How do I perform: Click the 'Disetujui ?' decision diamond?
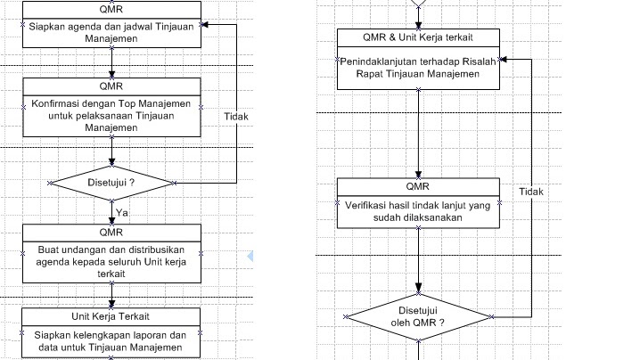pyautogui.click(x=112, y=183)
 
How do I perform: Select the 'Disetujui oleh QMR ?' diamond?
pyautogui.click(x=418, y=315)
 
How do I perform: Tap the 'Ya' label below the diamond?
pyautogui.click(x=122, y=211)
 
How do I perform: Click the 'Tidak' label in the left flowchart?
pyautogui.click(x=236, y=116)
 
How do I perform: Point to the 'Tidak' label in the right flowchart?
pyautogui.click(x=531, y=192)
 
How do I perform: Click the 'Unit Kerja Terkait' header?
pyautogui.click(x=111, y=316)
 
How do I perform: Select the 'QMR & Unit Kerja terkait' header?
pyautogui.click(x=418, y=37)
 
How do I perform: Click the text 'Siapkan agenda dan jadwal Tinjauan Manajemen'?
pyautogui.click(x=112, y=33)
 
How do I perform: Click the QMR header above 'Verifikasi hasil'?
pyautogui.click(x=418, y=187)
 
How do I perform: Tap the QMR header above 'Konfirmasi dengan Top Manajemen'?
pyautogui.click(x=112, y=86)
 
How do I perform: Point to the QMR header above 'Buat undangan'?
pyautogui.click(x=112, y=233)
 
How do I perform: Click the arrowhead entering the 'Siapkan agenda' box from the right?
pyautogui.click(x=205, y=26)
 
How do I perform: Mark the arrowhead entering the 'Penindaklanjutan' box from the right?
pyautogui.click(x=503, y=60)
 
